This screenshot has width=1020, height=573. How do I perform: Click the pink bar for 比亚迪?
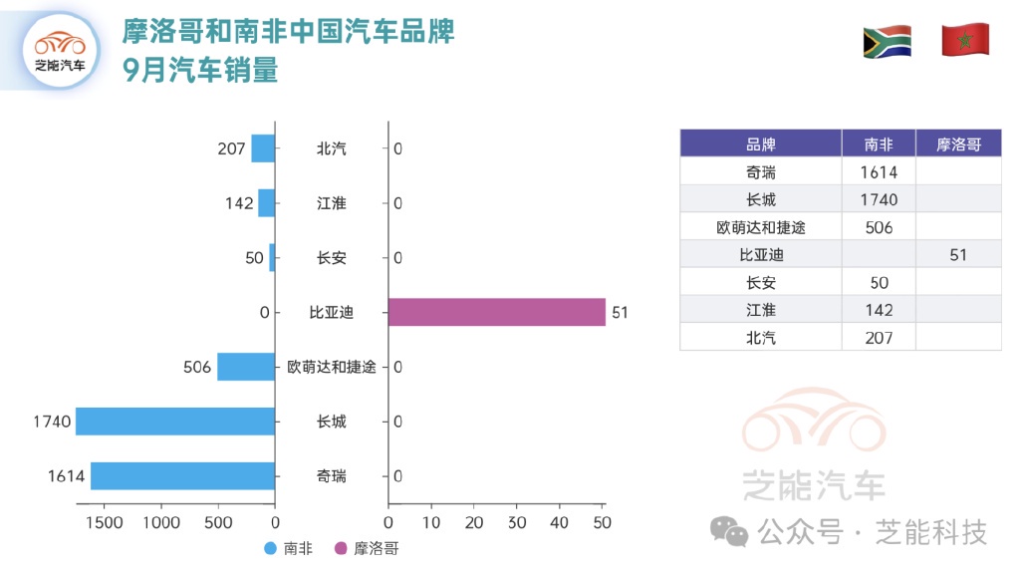[496, 312]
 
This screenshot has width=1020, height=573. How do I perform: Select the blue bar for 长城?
[175, 422]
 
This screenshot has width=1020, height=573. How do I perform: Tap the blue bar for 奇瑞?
[182, 476]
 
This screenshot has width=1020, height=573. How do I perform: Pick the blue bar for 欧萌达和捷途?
[246, 367]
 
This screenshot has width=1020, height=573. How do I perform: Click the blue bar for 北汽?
[262, 148]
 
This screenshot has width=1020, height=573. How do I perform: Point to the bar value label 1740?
[52, 422]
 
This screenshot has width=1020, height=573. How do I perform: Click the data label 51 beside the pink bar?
[620, 312]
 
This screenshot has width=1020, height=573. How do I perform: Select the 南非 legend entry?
[289, 548]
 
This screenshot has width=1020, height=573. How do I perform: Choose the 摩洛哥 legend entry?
[366, 548]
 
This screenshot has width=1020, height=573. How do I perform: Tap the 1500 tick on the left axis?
[105, 522]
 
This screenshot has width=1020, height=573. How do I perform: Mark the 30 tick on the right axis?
[516, 522]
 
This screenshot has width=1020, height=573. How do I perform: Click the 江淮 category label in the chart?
[332, 203]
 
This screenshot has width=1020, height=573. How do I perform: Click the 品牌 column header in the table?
[760, 144]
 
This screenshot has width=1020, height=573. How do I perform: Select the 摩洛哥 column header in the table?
[958, 144]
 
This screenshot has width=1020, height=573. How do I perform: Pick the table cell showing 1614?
[879, 172]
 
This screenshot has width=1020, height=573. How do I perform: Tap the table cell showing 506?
[879, 227]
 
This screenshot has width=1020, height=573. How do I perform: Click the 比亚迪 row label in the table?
[760, 255]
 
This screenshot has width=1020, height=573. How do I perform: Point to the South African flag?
[887, 42]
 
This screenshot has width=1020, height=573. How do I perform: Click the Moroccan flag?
[964, 40]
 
